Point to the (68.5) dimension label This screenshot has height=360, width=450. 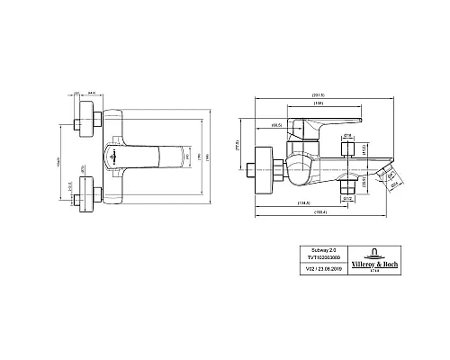click(277, 125)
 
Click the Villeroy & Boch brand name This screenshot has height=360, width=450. click(373, 265)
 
